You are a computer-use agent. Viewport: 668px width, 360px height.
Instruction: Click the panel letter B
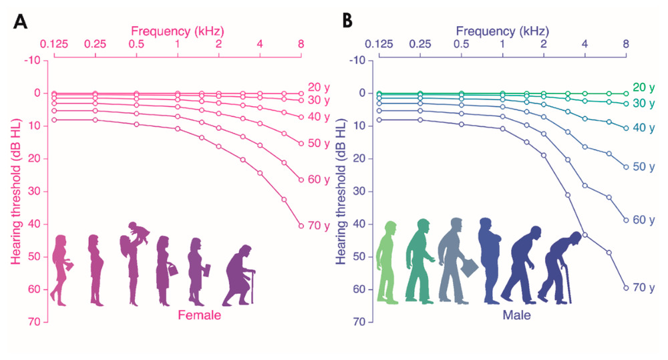click(x=347, y=21)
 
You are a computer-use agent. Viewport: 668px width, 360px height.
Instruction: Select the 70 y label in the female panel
click(x=319, y=226)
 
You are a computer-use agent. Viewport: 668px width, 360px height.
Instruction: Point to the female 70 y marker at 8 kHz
click(x=301, y=226)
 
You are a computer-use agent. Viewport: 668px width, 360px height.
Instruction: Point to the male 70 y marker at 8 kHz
click(x=626, y=288)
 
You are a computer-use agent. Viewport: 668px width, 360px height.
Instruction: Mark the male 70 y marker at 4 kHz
click(x=584, y=234)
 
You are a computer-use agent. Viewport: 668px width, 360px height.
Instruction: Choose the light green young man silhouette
click(x=389, y=263)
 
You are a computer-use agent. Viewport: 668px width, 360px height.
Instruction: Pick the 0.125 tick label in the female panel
click(x=54, y=45)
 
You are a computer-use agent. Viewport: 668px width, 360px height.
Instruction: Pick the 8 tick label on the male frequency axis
click(x=626, y=45)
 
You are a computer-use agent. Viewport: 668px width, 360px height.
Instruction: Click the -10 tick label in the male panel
click(x=357, y=61)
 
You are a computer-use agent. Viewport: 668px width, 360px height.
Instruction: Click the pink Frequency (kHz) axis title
click(x=177, y=31)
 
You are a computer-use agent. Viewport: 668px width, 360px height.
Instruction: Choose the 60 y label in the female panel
click(x=319, y=180)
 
